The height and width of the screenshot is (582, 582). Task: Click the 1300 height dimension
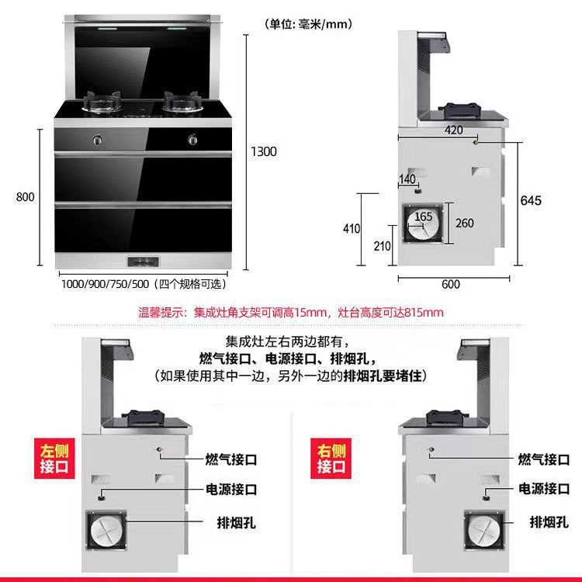coord(264,152)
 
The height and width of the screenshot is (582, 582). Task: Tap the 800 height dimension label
coord(26,197)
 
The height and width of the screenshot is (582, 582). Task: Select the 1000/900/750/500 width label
coord(143,284)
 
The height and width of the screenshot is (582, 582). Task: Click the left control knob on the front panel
coord(97,140)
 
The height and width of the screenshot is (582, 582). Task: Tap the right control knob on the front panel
coord(192,140)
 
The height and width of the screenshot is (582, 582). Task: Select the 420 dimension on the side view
coord(455,130)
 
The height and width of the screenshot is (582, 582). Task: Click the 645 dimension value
coord(531,201)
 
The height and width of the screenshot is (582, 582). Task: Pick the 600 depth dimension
coord(450,284)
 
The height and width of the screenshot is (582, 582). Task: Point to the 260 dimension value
coord(464,223)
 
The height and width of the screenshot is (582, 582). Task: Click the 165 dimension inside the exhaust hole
coord(424,217)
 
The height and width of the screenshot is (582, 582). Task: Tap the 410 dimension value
coord(352,229)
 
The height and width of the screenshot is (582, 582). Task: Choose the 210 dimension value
coord(383,247)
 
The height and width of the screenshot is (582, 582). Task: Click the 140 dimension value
coord(407,179)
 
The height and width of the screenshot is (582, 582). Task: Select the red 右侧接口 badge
coord(332,459)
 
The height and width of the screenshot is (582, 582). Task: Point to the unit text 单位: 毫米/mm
coord(309,24)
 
